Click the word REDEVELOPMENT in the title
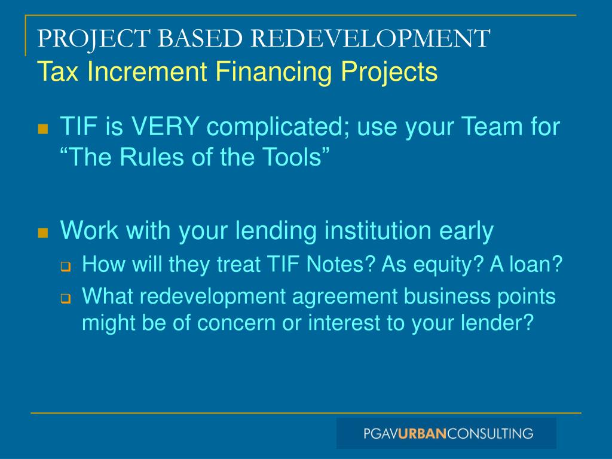click(x=371, y=39)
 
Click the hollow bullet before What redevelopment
click(x=66, y=298)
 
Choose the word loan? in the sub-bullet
click(x=535, y=264)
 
